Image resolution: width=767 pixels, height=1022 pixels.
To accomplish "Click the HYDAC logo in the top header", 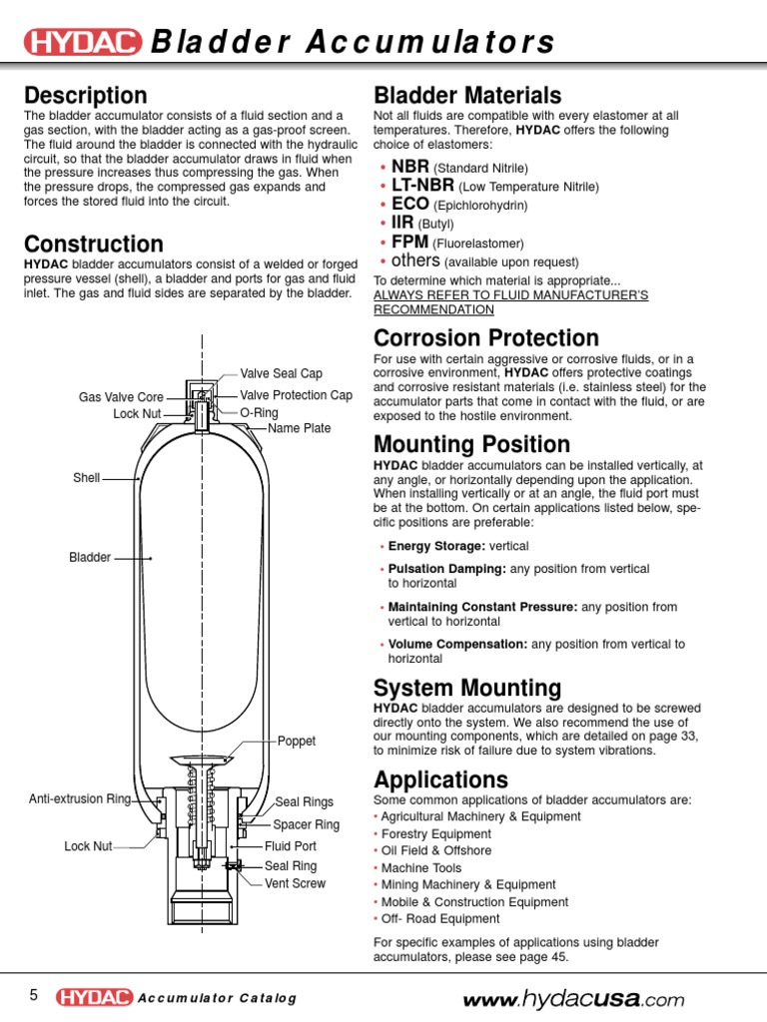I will click(x=83, y=42).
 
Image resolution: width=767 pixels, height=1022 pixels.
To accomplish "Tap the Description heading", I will click(x=86, y=96).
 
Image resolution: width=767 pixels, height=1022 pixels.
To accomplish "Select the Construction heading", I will click(x=94, y=245).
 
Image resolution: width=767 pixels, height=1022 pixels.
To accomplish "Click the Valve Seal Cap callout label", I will click(x=281, y=373).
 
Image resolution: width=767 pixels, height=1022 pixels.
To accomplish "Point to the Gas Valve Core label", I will click(x=120, y=397).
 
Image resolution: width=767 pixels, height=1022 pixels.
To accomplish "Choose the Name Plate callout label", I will click(x=299, y=428).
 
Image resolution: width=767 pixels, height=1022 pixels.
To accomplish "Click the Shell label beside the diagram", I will click(x=87, y=478).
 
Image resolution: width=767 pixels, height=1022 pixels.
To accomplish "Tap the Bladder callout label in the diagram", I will click(x=90, y=557).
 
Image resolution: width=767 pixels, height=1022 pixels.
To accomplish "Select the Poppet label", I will click(x=297, y=742).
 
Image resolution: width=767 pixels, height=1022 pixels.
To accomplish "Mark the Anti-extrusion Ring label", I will click(x=80, y=799).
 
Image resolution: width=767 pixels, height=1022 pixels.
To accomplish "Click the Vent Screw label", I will click(x=295, y=883).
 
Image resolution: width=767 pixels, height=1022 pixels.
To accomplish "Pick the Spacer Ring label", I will click(x=307, y=824).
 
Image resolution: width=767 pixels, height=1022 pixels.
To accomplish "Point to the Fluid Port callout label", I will click(x=291, y=845).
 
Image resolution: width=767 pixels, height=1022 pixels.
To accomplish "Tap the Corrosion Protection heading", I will click(x=485, y=338).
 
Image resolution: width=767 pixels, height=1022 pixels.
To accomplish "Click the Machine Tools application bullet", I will click(x=420, y=867).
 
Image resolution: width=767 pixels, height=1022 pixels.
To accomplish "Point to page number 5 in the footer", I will click(x=33, y=996).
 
